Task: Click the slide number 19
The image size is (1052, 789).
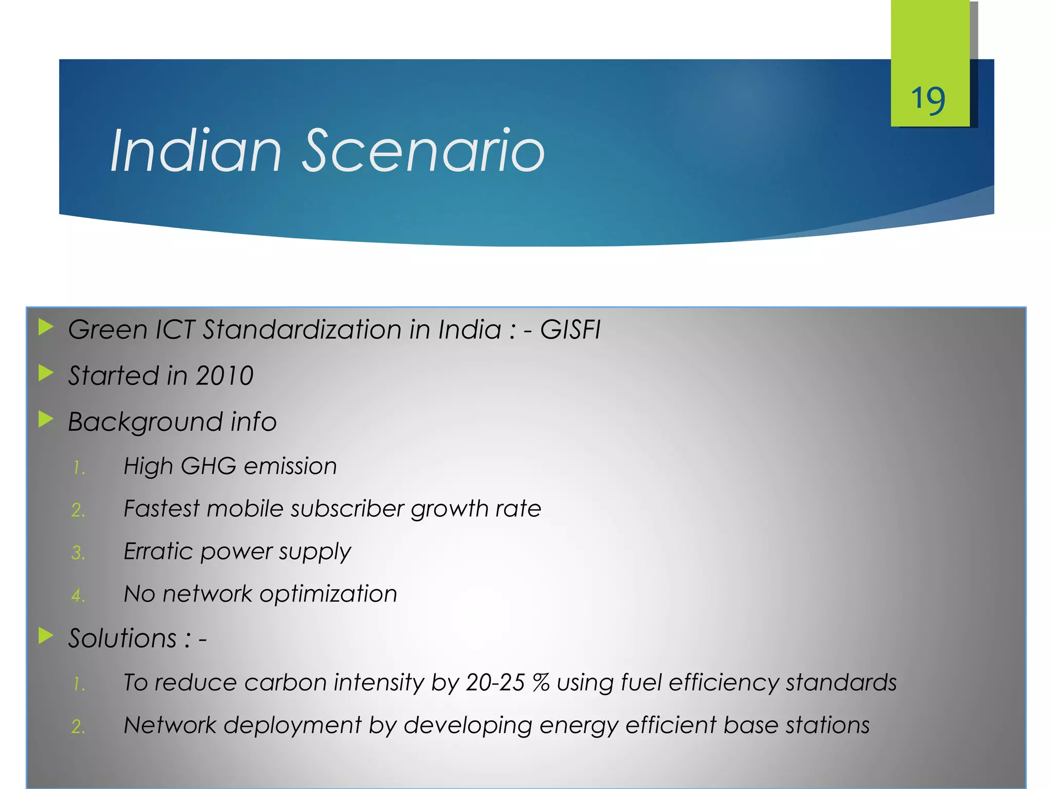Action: click(x=928, y=100)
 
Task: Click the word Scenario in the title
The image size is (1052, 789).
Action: click(x=423, y=151)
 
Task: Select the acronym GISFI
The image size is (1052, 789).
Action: click(x=570, y=330)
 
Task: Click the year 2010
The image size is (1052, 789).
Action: click(x=225, y=376)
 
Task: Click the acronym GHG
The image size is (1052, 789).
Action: click(x=209, y=466)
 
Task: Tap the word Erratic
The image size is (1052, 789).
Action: click(x=158, y=552)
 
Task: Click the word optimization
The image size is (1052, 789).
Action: click(x=328, y=594)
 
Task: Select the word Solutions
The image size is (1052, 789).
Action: click(x=122, y=639)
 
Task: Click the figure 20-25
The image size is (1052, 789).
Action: click(x=495, y=683)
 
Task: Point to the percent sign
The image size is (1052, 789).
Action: click(x=541, y=683)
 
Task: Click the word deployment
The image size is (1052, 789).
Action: click(x=292, y=726)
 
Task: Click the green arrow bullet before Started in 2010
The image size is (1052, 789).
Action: click(x=46, y=373)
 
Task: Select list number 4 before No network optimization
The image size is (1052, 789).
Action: click(x=78, y=596)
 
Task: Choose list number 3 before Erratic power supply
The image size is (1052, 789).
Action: click(x=78, y=553)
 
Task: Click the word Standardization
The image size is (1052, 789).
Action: click(x=302, y=330)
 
